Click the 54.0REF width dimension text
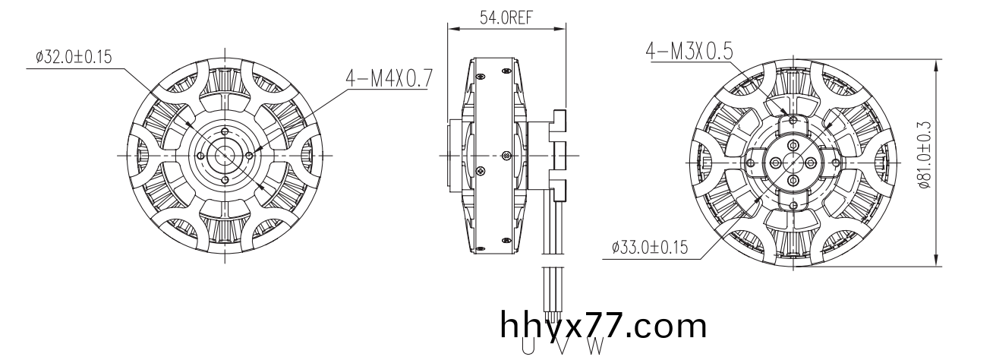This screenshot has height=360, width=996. pyautogui.click(x=506, y=17)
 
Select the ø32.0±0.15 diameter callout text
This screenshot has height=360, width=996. pyautogui.click(x=74, y=57)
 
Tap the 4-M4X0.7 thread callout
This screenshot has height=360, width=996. pyautogui.click(x=389, y=79)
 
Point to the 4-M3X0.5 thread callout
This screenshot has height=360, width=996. pyautogui.click(x=689, y=51)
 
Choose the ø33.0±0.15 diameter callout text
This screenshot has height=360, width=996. pyautogui.click(x=649, y=247)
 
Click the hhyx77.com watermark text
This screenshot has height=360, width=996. pyautogui.click(x=604, y=326)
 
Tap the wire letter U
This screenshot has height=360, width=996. pyautogui.click(x=528, y=346)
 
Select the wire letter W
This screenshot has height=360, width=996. pyautogui.click(x=596, y=346)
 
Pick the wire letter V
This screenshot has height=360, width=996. pyautogui.click(x=563, y=346)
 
